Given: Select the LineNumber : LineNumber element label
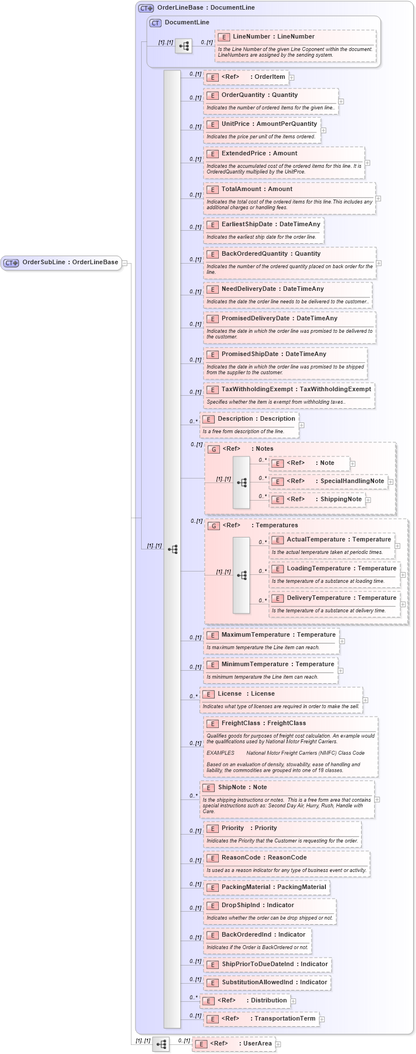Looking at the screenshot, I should (x=273, y=37).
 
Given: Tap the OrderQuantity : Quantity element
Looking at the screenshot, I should (x=259, y=95).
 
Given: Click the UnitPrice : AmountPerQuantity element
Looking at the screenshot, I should (x=269, y=124).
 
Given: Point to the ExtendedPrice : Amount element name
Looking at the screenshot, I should (x=259, y=154).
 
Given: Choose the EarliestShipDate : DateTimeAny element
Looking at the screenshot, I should (x=270, y=225).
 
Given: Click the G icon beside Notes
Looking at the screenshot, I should (x=214, y=449).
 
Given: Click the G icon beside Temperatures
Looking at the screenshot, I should (x=214, y=526).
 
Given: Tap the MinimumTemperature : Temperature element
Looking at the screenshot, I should (x=277, y=664).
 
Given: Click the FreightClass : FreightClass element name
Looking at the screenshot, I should (x=263, y=723).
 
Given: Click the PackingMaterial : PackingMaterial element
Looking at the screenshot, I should (x=273, y=887).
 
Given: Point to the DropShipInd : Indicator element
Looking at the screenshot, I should (x=257, y=905).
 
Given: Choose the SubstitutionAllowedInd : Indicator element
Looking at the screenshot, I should (x=274, y=983).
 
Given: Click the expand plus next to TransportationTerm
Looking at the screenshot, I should (x=322, y=1019).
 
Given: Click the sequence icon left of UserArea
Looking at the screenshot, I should (x=161, y=1044).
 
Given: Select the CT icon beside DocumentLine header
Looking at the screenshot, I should (x=155, y=23).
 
